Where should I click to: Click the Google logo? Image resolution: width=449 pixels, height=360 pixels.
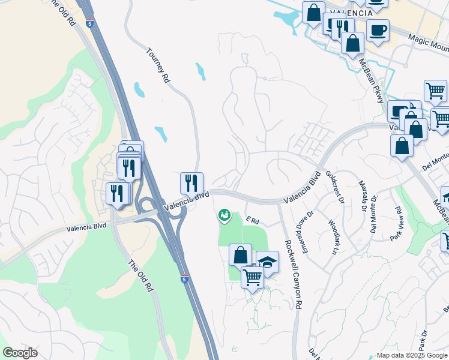pyautogui.click(x=20, y=353)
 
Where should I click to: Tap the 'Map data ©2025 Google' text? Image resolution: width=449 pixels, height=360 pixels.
pyautogui.click(x=412, y=355)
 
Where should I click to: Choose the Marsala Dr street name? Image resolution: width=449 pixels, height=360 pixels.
pyautogui.click(x=363, y=195)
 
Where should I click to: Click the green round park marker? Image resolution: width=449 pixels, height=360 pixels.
pyautogui.click(x=224, y=214)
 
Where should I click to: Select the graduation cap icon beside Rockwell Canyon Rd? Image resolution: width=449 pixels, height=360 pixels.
pyautogui.click(x=267, y=261)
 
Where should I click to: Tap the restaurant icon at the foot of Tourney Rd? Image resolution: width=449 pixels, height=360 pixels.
pyautogui.click(x=191, y=182)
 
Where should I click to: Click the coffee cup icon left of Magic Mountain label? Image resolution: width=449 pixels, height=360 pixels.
pyautogui.click(x=378, y=30)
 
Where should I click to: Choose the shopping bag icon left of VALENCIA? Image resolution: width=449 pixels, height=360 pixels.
pyautogui.click(x=313, y=12)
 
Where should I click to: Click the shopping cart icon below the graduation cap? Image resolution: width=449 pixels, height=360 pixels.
pyautogui.click(x=252, y=277)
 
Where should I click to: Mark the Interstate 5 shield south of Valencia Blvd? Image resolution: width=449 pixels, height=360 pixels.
pyautogui.click(x=184, y=279)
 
